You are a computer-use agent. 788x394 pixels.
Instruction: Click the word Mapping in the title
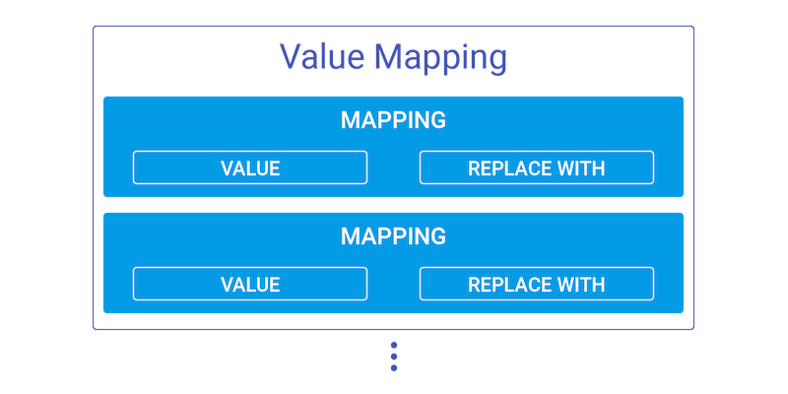tap(442, 58)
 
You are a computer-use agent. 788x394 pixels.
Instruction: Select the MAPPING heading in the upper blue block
tap(393, 120)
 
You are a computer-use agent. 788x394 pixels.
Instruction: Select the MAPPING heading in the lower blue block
tap(393, 236)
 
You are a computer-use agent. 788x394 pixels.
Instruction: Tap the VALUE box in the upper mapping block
tap(250, 167)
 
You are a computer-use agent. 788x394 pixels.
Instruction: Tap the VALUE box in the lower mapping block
tap(250, 284)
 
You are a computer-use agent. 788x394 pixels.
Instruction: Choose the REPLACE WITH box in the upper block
tap(537, 167)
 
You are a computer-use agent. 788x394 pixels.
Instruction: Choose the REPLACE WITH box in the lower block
tap(537, 284)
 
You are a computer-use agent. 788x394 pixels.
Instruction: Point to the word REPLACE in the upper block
tap(510, 168)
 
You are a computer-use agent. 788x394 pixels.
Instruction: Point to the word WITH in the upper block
tap(581, 168)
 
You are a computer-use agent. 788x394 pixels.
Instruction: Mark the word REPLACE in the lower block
tap(510, 285)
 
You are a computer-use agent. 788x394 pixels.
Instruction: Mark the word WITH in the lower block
tap(581, 285)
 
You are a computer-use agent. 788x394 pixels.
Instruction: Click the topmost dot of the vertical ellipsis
tap(394, 345)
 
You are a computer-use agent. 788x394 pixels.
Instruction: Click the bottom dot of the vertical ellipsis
tap(394, 368)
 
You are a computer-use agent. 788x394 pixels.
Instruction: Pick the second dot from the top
tap(394, 353)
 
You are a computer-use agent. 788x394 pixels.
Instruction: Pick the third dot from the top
tap(394, 361)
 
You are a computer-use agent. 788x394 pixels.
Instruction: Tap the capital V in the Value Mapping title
tap(290, 56)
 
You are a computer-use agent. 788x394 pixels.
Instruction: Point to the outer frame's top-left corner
tap(94, 28)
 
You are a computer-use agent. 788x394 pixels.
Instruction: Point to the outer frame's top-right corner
tap(694, 28)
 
